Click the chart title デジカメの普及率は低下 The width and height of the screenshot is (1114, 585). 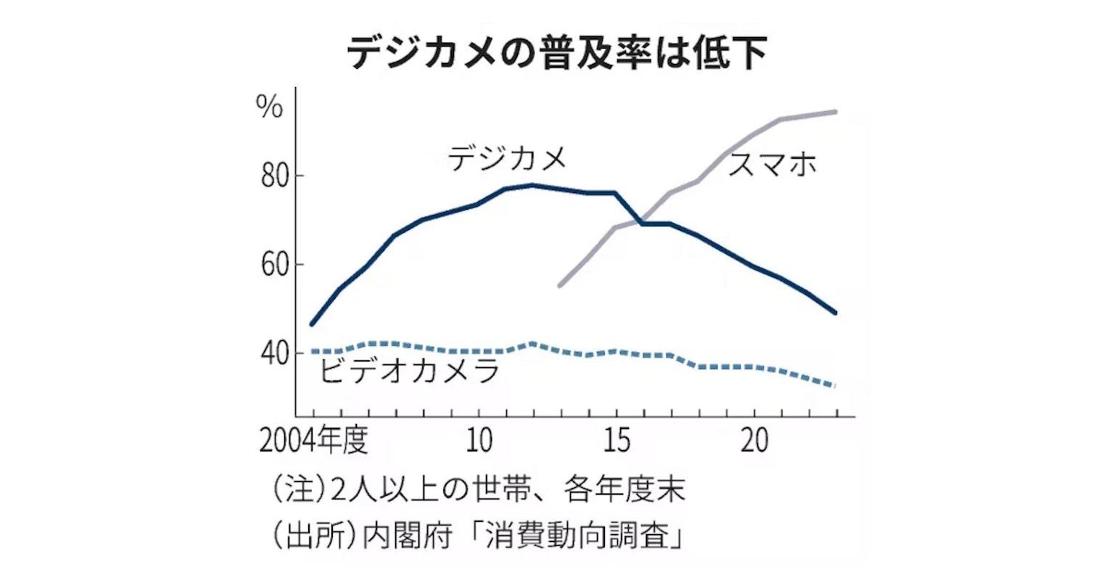(x=556, y=52)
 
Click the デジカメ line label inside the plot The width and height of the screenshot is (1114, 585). (x=507, y=158)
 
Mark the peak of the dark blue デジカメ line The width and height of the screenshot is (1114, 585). (x=533, y=185)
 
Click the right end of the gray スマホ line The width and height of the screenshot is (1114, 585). (x=835, y=112)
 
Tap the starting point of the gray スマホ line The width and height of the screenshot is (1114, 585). (x=559, y=286)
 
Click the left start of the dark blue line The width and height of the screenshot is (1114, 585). (x=312, y=324)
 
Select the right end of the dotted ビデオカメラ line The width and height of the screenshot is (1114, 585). (x=835, y=385)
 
